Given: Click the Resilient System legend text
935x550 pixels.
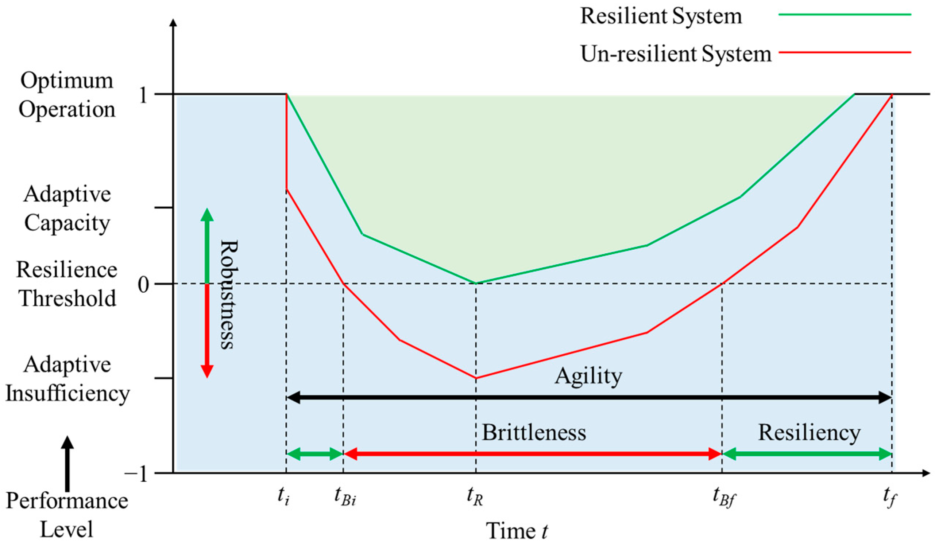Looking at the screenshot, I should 661,16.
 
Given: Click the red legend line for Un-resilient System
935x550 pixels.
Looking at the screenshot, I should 845,52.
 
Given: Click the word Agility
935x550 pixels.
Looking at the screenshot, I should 588,377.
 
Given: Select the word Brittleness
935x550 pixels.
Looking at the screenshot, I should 534,433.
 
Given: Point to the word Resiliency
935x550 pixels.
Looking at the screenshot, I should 809,433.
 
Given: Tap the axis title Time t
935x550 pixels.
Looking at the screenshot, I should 517,531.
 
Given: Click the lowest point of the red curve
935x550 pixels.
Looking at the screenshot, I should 476,378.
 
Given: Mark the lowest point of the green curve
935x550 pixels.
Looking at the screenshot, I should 476,284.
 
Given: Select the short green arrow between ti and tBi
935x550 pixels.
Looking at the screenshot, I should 314,454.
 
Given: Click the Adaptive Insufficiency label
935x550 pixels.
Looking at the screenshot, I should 67,379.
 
